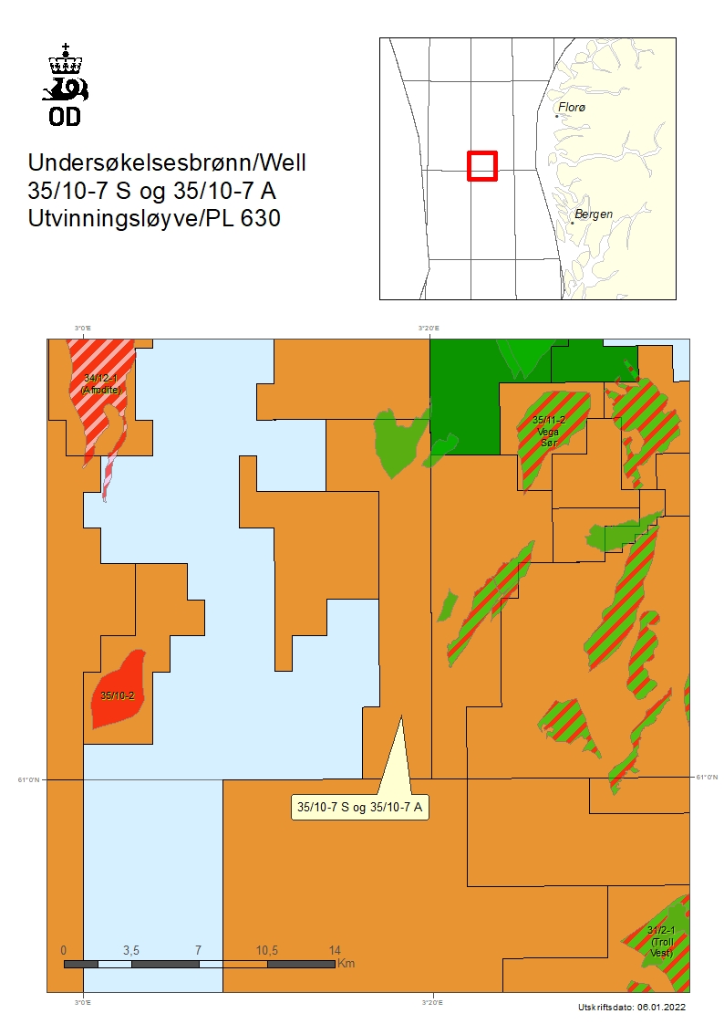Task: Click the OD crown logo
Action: [x=66, y=83]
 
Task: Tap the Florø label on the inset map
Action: [x=572, y=108]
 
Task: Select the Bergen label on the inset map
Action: [x=594, y=214]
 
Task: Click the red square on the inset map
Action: [x=481, y=166]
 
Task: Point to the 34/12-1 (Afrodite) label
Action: [x=100, y=384]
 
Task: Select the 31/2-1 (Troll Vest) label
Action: [x=661, y=941]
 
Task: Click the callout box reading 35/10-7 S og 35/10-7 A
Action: [x=359, y=807]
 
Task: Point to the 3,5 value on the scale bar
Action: [x=130, y=950]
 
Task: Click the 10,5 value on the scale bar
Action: [x=266, y=950]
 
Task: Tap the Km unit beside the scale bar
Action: [x=346, y=963]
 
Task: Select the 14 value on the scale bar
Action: [x=334, y=950]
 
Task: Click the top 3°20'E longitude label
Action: [x=429, y=328]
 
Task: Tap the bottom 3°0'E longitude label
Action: [x=83, y=1003]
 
